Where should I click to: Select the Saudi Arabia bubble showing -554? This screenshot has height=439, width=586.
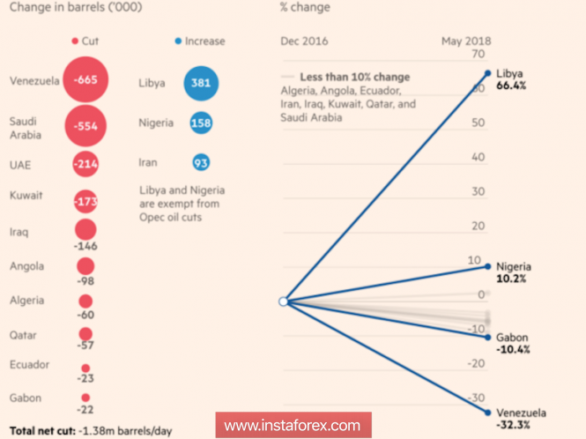pyautogui.click(x=86, y=126)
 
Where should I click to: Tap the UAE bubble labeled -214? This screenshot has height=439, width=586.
pyautogui.click(x=86, y=164)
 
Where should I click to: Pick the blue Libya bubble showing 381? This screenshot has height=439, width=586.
pyautogui.click(x=201, y=83)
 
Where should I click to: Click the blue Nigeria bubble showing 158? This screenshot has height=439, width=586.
pyautogui.click(x=201, y=123)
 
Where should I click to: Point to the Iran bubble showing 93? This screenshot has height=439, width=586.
pyautogui.click(x=201, y=162)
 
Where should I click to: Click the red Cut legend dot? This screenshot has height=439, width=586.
pyautogui.click(x=75, y=41)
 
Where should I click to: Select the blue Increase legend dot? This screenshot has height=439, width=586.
pyautogui.click(x=178, y=41)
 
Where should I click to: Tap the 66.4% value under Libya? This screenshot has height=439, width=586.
pyautogui.click(x=512, y=86)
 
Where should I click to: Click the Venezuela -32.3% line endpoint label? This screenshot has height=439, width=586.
pyautogui.click(x=521, y=420)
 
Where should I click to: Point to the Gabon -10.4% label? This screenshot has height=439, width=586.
pyautogui.click(x=515, y=344)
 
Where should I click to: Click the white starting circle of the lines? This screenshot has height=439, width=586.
pyautogui.click(x=283, y=301)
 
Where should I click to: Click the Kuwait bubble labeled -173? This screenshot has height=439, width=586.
pyautogui.click(x=86, y=202)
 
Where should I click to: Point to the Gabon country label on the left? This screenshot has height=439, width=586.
pyautogui.click(x=25, y=398)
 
